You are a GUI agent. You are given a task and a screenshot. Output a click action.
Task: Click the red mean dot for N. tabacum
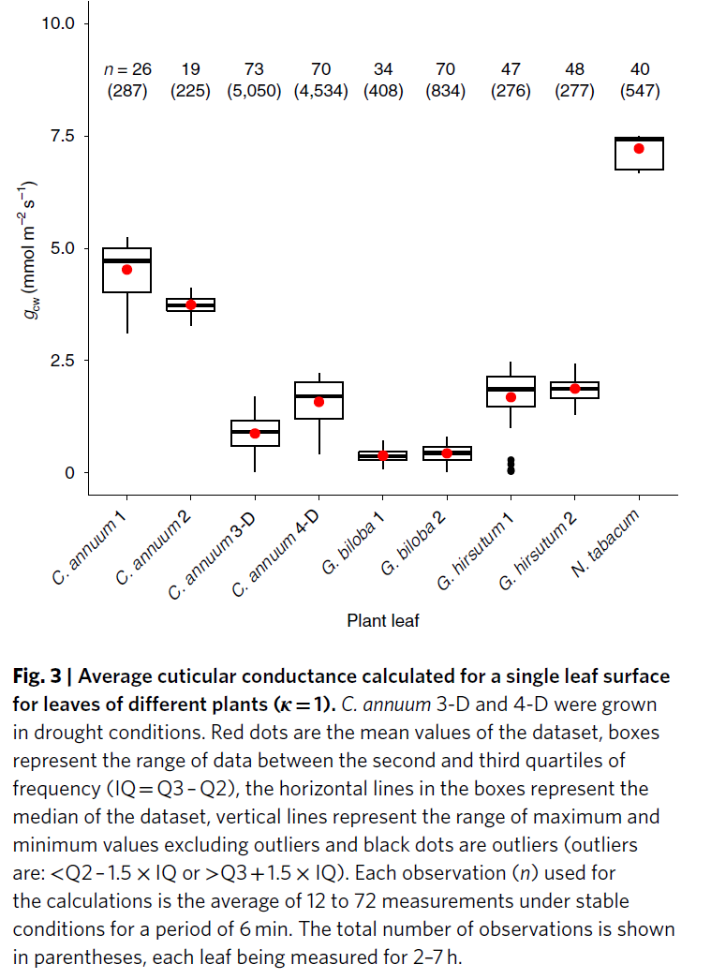pos(639,149)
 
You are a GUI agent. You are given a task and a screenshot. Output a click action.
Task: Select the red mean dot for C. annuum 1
pos(127,270)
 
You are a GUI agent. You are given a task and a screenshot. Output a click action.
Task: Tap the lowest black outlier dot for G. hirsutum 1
pos(511,470)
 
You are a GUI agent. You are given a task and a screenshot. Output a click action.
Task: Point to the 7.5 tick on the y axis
pos(82,136)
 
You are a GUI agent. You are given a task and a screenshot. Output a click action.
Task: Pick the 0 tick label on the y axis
pos(68,473)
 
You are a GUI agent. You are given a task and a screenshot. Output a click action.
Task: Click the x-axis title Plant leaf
pos(383,620)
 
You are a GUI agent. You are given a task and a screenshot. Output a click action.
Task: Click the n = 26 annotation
pos(126,69)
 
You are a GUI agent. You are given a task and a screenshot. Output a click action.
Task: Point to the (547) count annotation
pos(640,92)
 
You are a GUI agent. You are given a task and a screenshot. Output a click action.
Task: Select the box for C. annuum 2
pos(191,304)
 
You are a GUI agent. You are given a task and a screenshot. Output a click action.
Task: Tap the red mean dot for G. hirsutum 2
pos(575,389)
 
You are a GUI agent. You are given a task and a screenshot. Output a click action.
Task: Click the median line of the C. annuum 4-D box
pos(318,396)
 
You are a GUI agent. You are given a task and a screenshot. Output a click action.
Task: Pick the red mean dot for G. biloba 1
pos(383,456)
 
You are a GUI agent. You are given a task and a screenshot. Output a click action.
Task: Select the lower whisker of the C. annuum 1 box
pos(127,313)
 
